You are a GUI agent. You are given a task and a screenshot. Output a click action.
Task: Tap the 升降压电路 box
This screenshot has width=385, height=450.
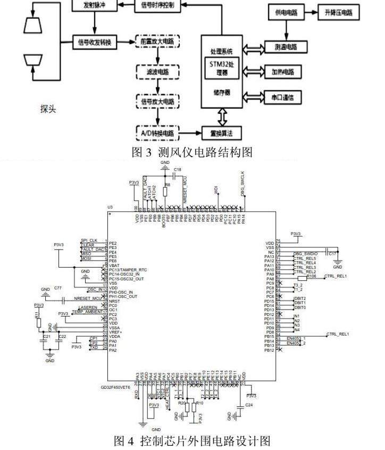338,12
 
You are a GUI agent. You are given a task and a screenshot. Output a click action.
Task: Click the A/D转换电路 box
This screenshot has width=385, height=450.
158,131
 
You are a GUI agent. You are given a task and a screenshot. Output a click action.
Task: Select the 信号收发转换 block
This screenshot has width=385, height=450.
95,40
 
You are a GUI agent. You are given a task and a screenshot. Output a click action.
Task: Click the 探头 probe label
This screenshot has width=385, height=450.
48,110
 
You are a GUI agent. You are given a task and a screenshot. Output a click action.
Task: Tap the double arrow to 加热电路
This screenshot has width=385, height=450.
252,71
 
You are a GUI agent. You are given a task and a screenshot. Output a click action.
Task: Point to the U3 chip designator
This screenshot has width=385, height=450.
111,206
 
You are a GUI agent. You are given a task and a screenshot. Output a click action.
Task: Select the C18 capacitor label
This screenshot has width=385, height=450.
178,169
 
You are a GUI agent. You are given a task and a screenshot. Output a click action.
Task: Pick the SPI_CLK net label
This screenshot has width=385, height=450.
89,240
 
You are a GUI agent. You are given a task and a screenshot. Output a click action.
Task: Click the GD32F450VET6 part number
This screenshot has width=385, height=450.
123,387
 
